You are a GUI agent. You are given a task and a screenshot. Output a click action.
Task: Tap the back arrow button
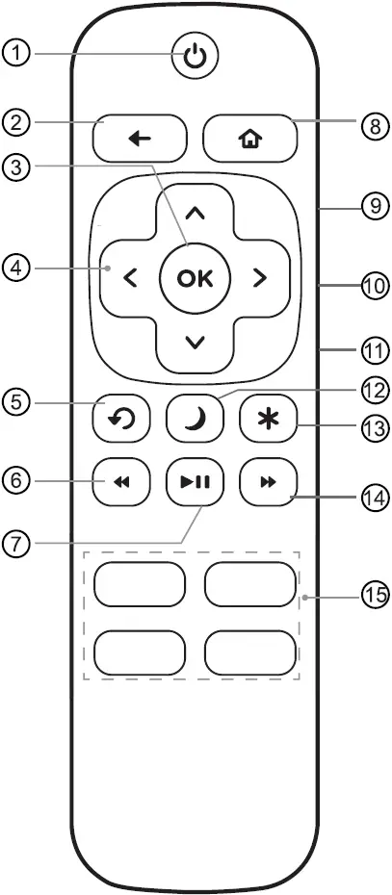140,139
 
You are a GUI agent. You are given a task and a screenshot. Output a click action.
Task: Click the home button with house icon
249,139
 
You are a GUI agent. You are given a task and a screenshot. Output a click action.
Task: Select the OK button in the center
195,279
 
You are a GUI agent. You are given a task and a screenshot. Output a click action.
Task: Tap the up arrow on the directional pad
195,212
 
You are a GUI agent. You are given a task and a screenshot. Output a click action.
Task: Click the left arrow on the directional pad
130,279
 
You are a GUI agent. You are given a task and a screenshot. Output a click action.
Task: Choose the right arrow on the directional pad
258,279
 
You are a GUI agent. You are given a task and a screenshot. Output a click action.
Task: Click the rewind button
121,482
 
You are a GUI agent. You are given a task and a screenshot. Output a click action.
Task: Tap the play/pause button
195,482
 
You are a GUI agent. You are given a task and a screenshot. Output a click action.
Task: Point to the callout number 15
374,594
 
